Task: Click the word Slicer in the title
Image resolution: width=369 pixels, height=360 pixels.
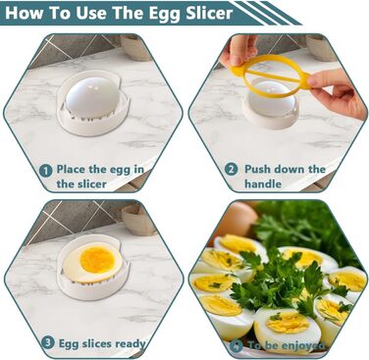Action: click(x=209, y=13)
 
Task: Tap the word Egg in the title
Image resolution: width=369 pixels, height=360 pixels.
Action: click(x=166, y=14)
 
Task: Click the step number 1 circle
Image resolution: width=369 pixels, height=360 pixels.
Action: click(x=46, y=171)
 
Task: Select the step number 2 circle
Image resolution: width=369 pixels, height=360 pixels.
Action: click(x=231, y=170)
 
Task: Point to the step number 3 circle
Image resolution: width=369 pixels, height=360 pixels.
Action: click(x=48, y=342)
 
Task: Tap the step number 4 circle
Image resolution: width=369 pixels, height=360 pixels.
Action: click(x=237, y=345)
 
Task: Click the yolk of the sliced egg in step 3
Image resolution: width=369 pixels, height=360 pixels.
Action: click(x=97, y=260)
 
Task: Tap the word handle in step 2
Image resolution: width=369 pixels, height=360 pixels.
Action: click(x=263, y=183)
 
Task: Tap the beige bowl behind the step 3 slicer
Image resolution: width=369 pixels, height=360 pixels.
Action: click(x=139, y=219)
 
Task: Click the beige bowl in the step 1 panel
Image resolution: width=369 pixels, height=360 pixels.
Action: click(x=135, y=47)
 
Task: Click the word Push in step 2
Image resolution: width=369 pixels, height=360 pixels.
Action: click(x=257, y=169)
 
